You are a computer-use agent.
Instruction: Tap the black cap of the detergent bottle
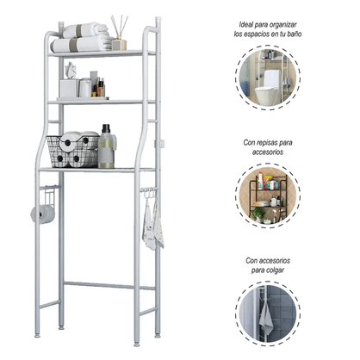pyautogui.click(x=106, y=128)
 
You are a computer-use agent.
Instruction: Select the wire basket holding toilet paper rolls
pyautogui.click(x=72, y=152)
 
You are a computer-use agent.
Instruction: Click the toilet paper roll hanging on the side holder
pyautogui.click(x=43, y=214)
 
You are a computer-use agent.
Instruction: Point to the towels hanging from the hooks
pyautogui.click(x=152, y=223)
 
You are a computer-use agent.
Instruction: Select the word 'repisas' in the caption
pyautogui.click(x=269, y=142)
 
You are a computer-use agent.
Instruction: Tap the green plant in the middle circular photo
pyautogui.click(x=258, y=214)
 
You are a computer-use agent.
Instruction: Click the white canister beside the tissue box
pyautogui.click(x=85, y=88)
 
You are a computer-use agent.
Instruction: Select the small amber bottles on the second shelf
pyautogui.click(x=98, y=87)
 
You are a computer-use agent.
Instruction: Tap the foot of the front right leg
pyautogui.click(x=137, y=343)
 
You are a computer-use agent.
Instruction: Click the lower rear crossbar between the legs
pyautogui.click(x=109, y=286)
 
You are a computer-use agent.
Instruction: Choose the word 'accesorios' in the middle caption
pyautogui.click(x=268, y=152)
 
